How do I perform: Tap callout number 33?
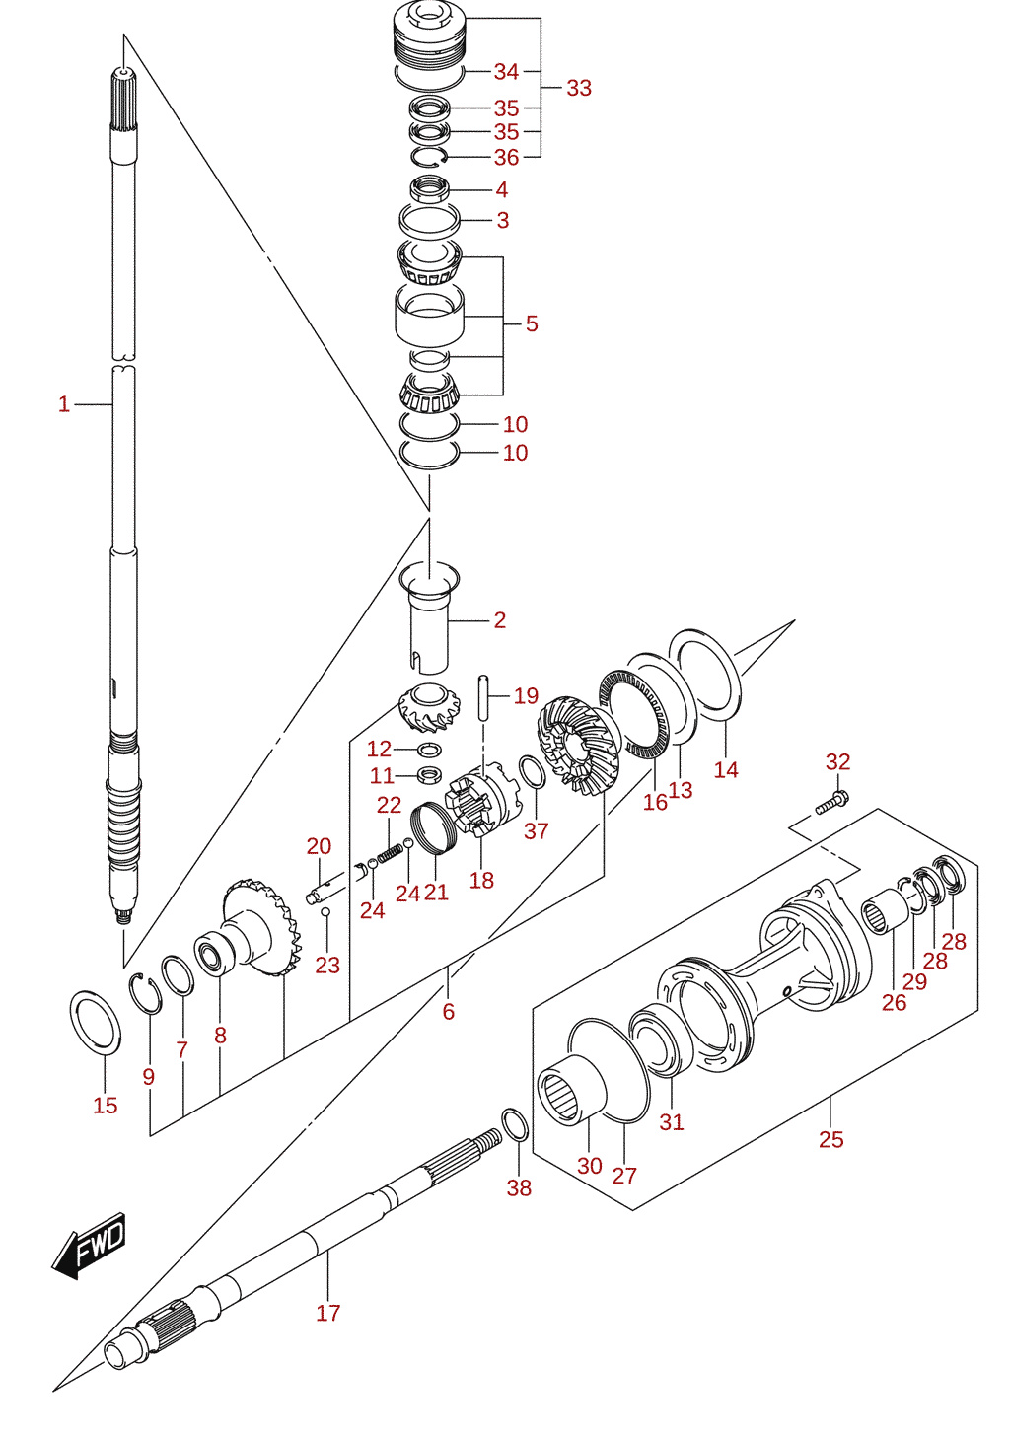tap(579, 89)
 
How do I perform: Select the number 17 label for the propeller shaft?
tap(328, 1314)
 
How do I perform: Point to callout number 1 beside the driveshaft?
tap(64, 404)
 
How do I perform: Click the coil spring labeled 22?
tap(390, 854)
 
